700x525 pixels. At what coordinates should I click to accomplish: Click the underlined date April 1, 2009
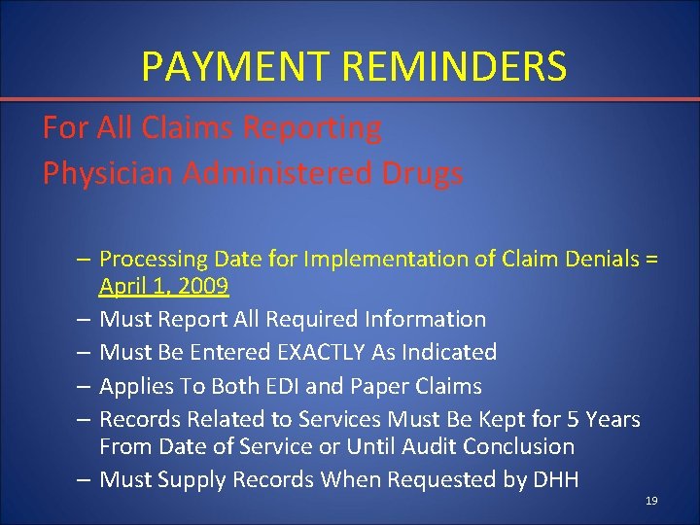[163, 286]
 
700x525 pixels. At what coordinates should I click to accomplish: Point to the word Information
[424, 319]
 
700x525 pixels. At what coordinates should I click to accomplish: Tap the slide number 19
[651, 501]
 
